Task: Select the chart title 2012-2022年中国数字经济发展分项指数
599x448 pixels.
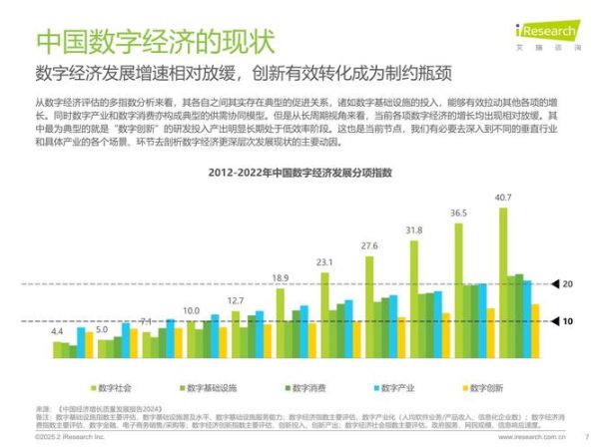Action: pyautogui.click(x=299, y=174)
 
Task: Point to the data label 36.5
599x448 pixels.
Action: pyautogui.click(x=458, y=214)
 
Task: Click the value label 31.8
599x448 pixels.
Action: pyautogui.click(x=413, y=230)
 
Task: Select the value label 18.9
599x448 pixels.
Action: pyautogui.click(x=281, y=278)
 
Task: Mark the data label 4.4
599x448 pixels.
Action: pyautogui.click(x=57, y=330)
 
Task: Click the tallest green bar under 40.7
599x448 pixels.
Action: pyautogui.click(x=503, y=282)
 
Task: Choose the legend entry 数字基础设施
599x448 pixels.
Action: pyautogui.click(x=207, y=386)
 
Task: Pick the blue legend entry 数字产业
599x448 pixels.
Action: pyautogui.click(x=396, y=386)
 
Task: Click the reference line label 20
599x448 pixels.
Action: pyautogui.click(x=566, y=284)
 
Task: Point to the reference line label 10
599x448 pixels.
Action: pyautogui.click(x=566, y=321)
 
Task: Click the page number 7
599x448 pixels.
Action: pyautogui.click(x=587, y=436)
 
